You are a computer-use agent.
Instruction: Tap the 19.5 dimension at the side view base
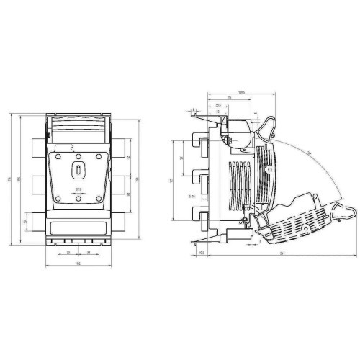(202, 253)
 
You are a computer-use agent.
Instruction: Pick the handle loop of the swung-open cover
(348, 210)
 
